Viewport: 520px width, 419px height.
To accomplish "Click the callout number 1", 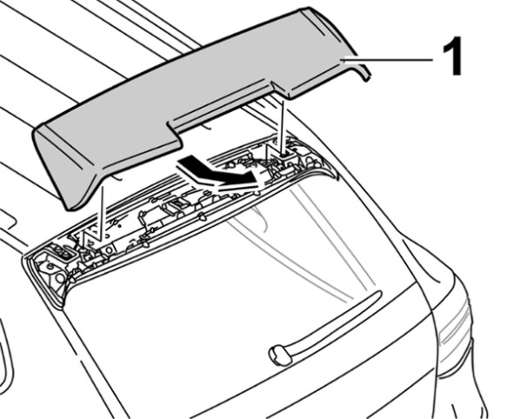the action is point(451,56).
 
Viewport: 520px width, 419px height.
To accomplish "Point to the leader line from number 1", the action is point(388,60).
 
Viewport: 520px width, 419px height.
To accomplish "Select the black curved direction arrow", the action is point(218,172).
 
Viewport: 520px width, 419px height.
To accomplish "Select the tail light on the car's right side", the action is point(454,335).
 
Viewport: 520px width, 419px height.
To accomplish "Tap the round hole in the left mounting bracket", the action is point(108,251).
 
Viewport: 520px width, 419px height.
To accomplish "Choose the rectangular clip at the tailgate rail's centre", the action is point(177,206).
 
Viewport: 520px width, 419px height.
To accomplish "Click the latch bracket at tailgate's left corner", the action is point(63,253).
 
